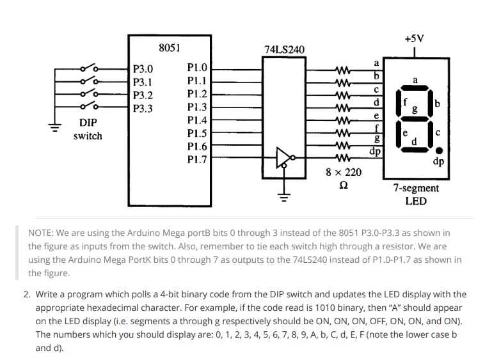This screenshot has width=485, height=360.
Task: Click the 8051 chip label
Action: coord(170,48)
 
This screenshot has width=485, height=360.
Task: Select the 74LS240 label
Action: coord(284,49)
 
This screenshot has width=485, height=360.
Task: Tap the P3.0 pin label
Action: coord(142,68)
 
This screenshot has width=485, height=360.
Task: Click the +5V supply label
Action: coord(414,38)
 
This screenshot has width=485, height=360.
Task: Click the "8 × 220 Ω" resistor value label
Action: coord(343,179)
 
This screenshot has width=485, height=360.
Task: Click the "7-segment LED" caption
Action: coord(416,194)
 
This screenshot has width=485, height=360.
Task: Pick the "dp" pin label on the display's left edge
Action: coord(376,152)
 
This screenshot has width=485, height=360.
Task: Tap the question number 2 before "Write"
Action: coord(27,295)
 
